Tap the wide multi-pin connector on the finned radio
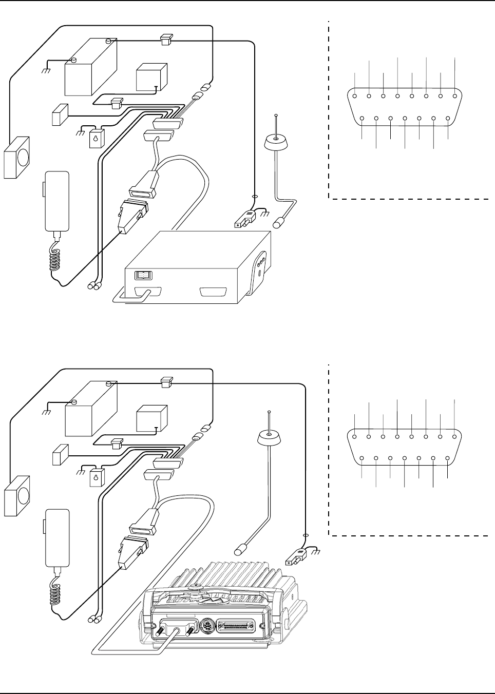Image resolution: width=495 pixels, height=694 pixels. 238,627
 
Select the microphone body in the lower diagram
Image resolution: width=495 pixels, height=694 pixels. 56,537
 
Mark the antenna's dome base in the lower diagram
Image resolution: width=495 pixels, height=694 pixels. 269,437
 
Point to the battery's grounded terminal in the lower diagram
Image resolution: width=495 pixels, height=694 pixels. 73,402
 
